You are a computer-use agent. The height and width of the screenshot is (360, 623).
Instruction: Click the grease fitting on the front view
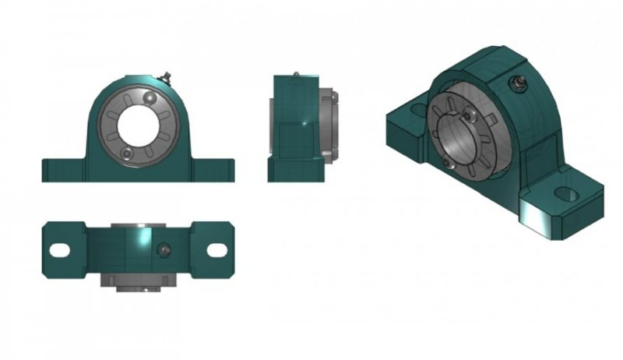(165, 76)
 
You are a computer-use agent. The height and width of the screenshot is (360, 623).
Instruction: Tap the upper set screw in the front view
(150, 99)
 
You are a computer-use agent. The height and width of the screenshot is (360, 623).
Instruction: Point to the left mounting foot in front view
(62, 170)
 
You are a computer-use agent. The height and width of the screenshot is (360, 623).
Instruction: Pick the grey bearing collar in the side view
(332, 125)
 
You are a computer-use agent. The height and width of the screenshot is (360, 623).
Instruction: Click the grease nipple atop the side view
(296, 75)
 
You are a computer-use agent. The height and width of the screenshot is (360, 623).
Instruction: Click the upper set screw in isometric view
(473, 114)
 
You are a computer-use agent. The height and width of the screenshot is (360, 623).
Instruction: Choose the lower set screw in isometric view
(445, 161)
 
